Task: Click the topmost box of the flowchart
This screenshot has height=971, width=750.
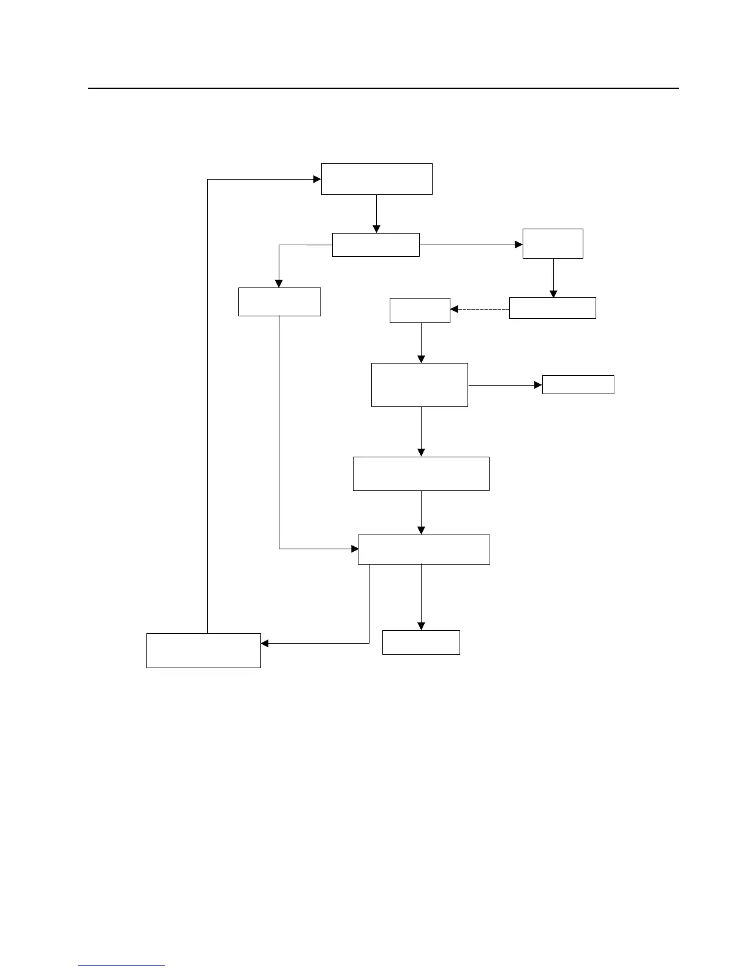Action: pos(376,179)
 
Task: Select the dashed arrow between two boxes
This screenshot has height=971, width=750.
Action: pos(481,309)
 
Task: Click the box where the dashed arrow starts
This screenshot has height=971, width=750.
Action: pos(552,308)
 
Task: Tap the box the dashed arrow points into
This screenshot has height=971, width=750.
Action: pos(420,310)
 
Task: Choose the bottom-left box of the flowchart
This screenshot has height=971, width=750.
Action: pos(203,650)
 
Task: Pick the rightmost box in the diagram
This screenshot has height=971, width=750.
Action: pos(578,384)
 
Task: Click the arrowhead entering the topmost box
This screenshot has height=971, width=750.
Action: pos(317,179)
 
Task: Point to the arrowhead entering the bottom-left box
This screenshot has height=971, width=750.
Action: pos(265,643)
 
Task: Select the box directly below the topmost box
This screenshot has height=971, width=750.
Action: pos(376,245)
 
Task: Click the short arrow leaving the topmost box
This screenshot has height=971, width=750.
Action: pos(376,212)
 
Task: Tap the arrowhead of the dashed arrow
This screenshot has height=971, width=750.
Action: pos(454,309)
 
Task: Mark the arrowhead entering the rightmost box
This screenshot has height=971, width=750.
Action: pos(539,385)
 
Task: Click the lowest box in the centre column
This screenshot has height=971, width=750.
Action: pos(421,642)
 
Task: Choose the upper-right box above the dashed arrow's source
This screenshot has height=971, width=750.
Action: pos(553,243)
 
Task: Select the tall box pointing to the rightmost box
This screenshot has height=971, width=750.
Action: pos(420,385)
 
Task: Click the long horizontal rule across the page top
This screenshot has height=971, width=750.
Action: pos(384,88)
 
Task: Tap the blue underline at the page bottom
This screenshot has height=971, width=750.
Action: pos(121,965)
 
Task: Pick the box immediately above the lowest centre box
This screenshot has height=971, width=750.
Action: pos(423,549)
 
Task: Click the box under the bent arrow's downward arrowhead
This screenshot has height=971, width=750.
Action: pos(279,302)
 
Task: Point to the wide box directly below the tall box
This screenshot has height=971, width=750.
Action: pos(421,473)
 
